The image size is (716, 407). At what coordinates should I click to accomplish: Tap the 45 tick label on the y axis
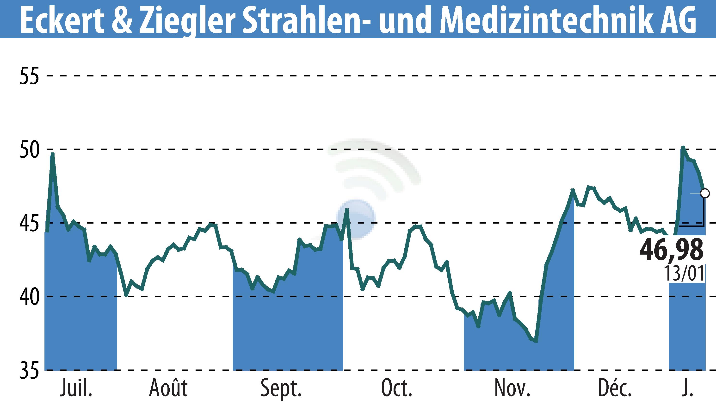click(x=29, y=223)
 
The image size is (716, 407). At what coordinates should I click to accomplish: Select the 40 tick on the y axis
click(x=29, y=297)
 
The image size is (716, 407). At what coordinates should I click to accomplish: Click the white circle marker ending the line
click(x=705, y=193)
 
